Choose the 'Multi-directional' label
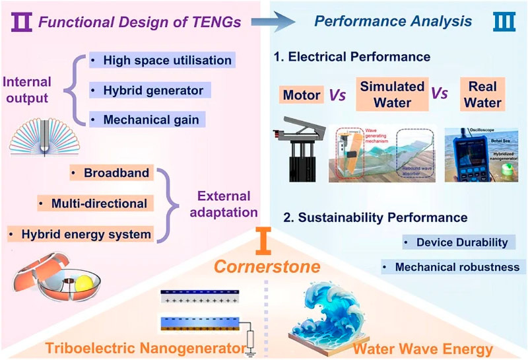[92, 203]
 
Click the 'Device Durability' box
[457, 242]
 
